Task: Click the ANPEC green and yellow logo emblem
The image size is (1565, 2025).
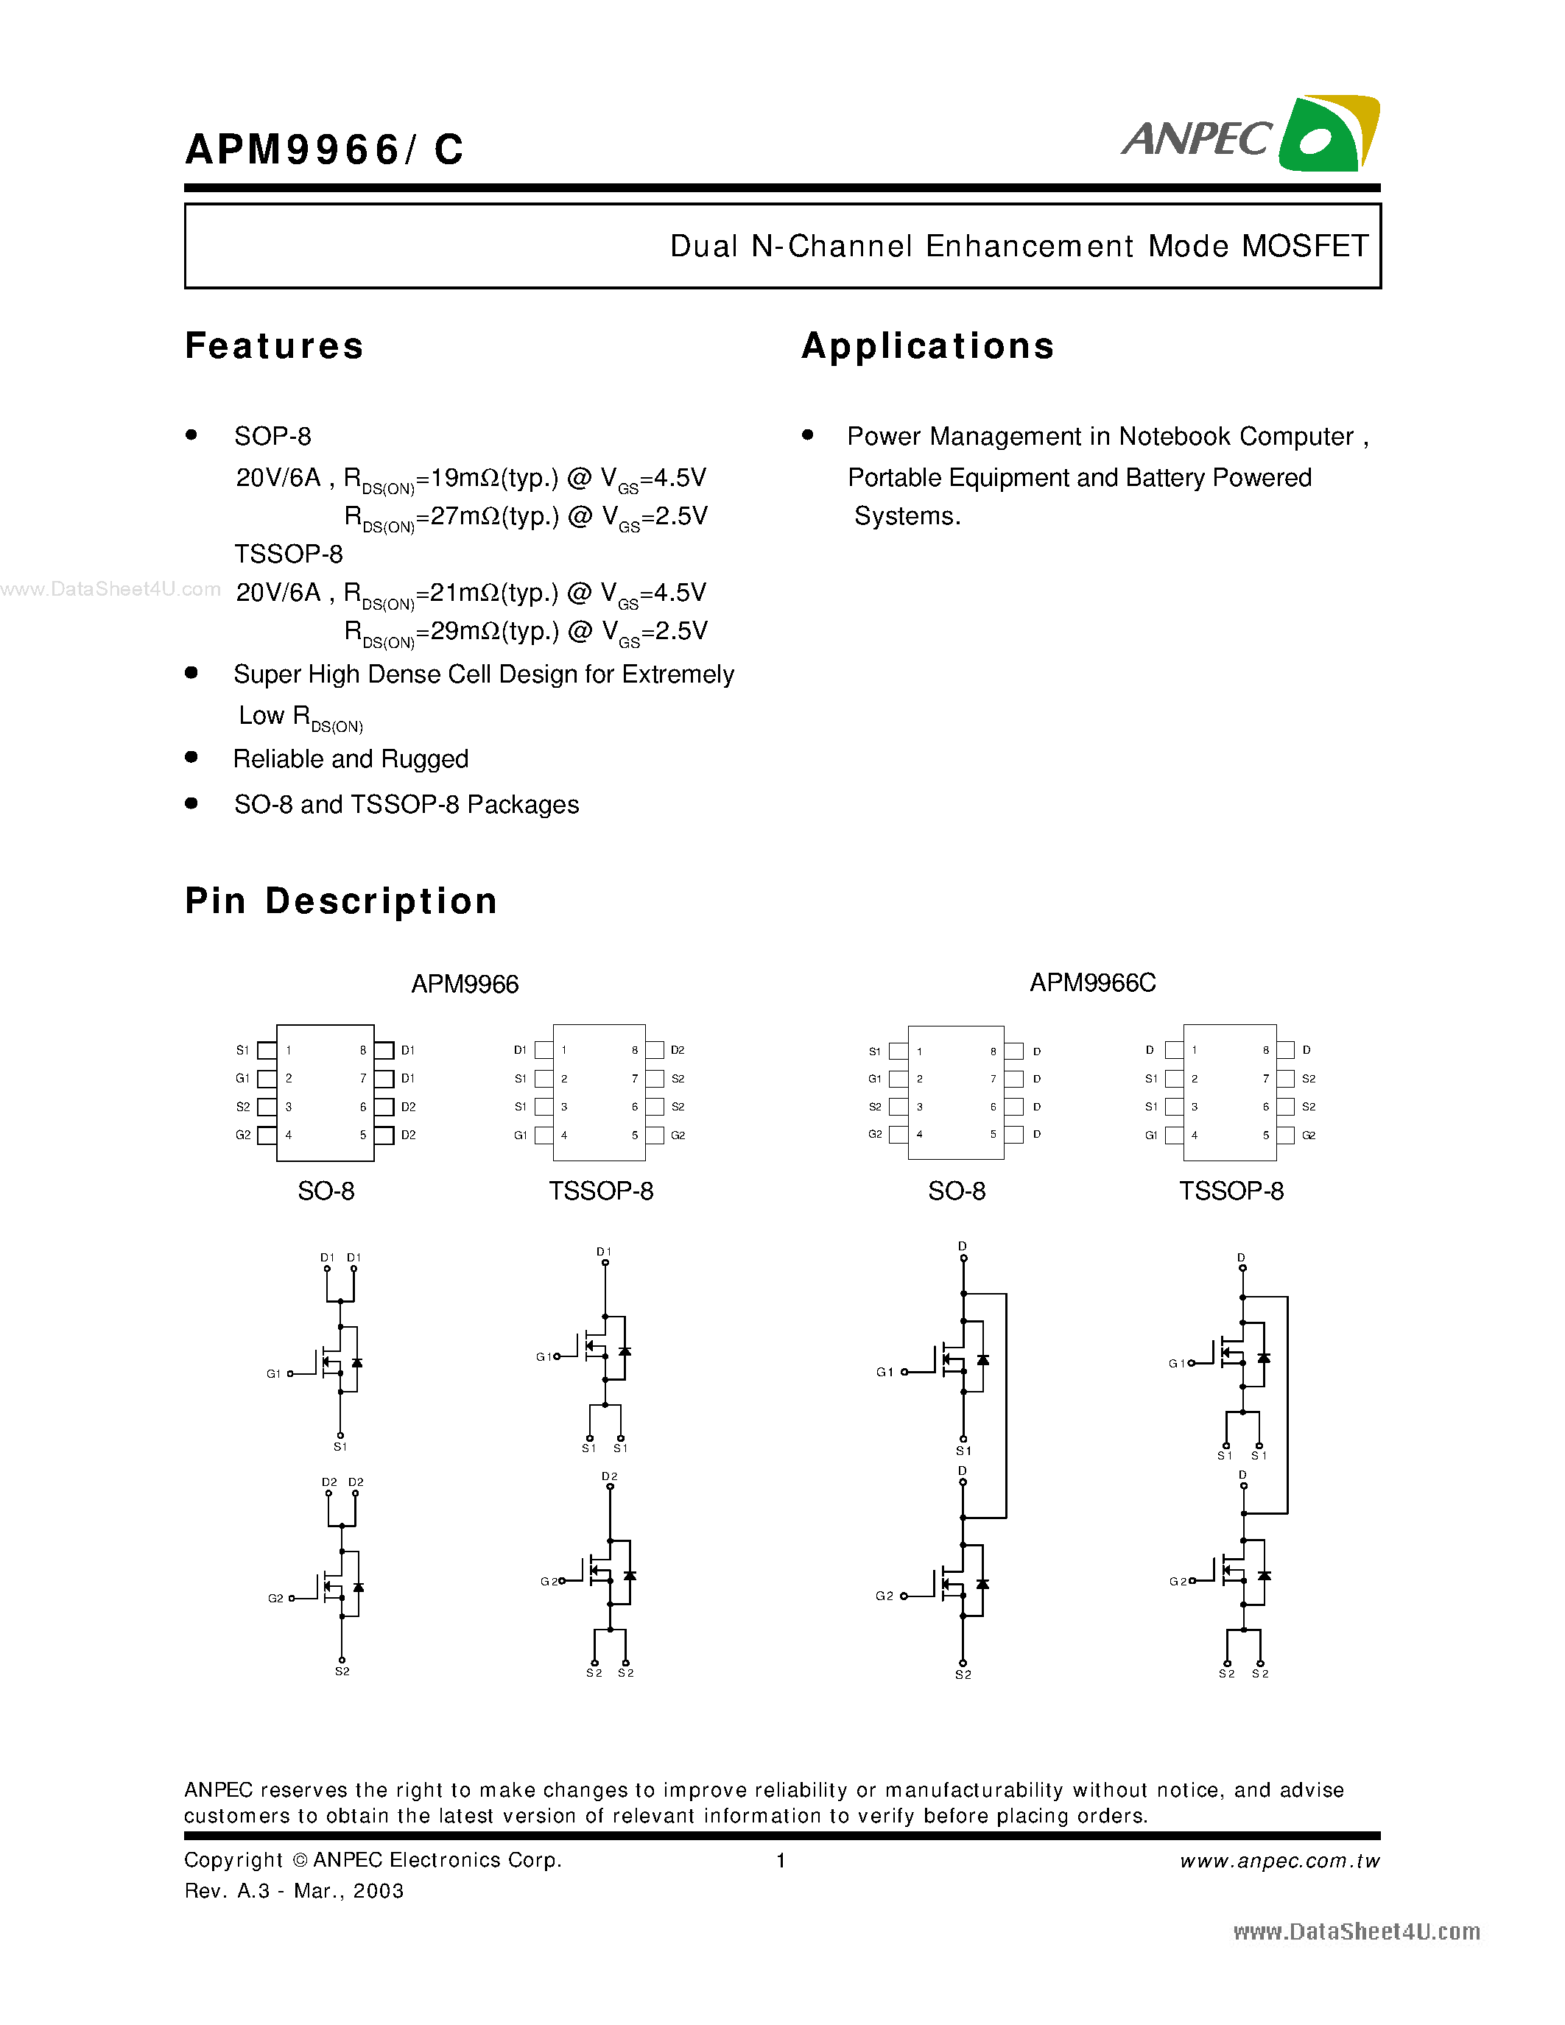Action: pos(1328,135)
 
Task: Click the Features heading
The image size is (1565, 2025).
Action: pos(275,346)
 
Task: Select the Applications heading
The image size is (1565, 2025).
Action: pos(928,346)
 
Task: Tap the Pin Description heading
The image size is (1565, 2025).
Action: pos(341,901)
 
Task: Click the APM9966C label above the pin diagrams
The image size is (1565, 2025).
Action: pos(1092,983)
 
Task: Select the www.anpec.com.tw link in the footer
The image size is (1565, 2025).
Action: pos(1279,1861)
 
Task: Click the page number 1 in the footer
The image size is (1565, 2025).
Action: pos(781,1860)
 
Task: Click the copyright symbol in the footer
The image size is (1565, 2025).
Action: pos(300,1860)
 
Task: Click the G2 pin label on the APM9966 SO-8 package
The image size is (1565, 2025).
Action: pos(243,1135)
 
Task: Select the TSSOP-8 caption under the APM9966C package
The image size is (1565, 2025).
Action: pos(1231,1191)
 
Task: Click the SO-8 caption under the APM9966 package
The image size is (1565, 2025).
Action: pos(326,1191)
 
